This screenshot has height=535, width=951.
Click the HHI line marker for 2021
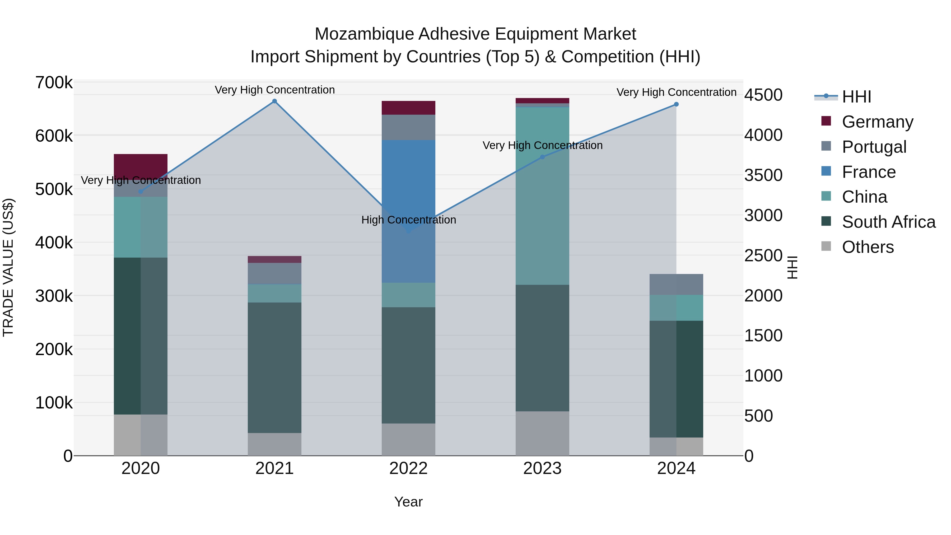(x=274, y=101)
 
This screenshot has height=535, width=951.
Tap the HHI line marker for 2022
(x=408, y=231)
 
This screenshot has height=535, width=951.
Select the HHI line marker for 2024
(x=676, y=104)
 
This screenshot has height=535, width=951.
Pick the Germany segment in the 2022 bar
(x=408, y=108)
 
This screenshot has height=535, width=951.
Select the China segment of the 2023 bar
(x=542, y=196)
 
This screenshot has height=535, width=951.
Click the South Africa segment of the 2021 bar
(x=274, y=367)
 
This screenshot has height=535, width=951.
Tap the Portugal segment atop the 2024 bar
(x=676, y=284)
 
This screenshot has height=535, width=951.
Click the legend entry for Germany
(x=877, y=122)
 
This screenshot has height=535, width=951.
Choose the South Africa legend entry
(x=888, y=222)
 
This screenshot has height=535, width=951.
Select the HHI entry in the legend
(x=856, y=97)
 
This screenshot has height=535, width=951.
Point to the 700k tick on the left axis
(x=54, y=83)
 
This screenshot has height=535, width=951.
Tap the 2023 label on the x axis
(x=542, y=468)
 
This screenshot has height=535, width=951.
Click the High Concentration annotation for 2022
(x=408, y=220)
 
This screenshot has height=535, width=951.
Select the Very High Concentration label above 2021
(x=274, y=90)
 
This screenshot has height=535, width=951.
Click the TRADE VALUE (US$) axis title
(x=8, y=267)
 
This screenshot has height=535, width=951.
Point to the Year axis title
(x=408, y=502)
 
